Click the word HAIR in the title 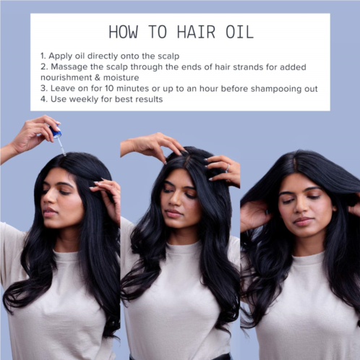pos(196,32)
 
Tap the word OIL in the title pos(240,32)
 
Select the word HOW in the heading pos(124,32)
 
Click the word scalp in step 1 pos(168,56)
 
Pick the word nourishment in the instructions pos(67,77)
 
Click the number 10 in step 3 pos(109,88)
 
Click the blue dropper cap pos(56,131)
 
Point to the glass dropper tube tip pos(64,155)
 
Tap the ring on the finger pos(227,168)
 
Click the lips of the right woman pos(303,221)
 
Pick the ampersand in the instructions pos(98,77)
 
